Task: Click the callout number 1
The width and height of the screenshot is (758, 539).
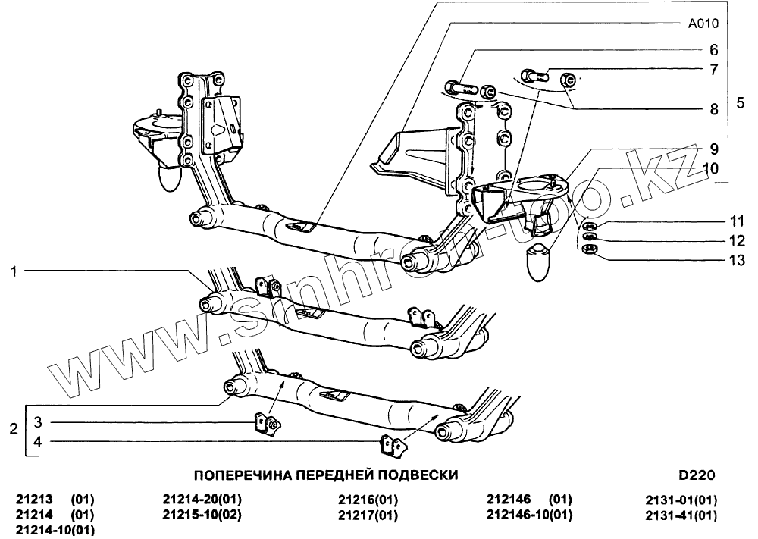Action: [x=13, y=271]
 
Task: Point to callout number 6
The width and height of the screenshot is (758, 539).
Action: [x=713, y=51]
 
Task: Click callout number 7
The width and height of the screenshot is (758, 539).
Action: [x=713, y=70]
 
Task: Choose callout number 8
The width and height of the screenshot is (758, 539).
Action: [x=713, y=109]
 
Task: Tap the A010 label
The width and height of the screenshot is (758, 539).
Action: [x=703, y=24]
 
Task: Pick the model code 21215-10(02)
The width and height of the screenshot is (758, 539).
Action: [x=202, y=515]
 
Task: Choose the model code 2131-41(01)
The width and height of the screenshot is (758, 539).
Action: [x=681, y=515]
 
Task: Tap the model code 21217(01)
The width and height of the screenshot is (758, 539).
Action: [x=368, y=515]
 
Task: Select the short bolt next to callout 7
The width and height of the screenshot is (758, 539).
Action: [x=534, y=74]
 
